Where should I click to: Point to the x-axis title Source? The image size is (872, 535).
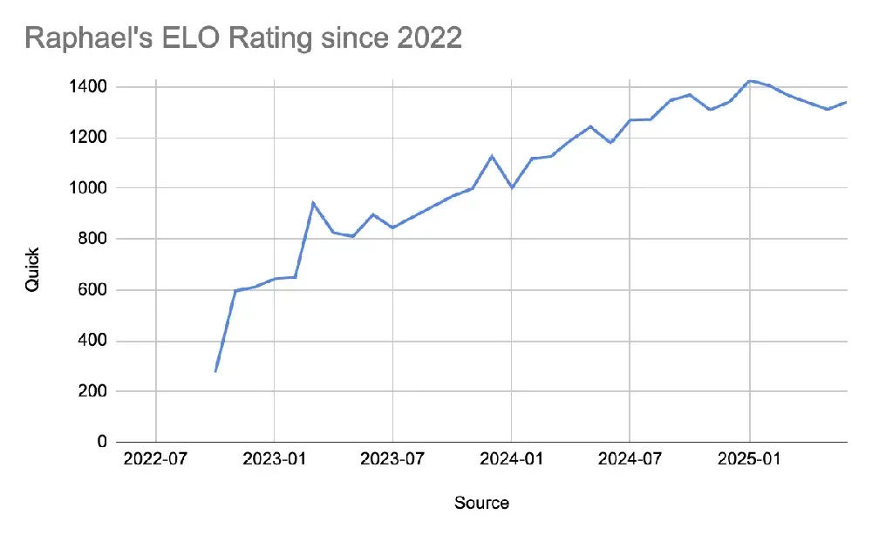pyautogui.click(x=481, y=503)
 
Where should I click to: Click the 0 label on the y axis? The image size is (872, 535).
pyautogui.click(x=101, y=443)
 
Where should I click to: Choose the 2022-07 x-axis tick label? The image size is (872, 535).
pyautogui.click(x=155, y=459)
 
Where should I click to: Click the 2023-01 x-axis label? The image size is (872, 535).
pyautogui.click(x=274, y=459)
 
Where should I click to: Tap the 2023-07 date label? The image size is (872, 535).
pyautogui.click(x=392, y=459)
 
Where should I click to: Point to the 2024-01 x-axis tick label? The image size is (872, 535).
pyautogui.click(x=512, y=459)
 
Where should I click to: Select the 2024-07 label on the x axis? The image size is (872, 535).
pyautogui.click(x=630, y=459)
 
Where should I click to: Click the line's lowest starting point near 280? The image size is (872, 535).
pyautogui.click(x=215, y=371)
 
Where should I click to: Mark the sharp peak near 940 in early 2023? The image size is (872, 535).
pyautogui.click(x=313, y=203)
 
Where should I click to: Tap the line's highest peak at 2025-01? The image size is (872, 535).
pyautogui.click(x=749, y=81)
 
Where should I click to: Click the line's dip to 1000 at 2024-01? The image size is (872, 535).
pyautogui.click(x=512, y=187)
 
